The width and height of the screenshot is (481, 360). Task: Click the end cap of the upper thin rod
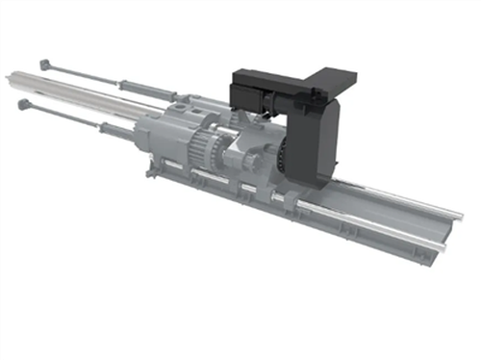44,64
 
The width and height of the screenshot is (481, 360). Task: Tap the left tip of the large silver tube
12,77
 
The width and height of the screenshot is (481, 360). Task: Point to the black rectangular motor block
253,95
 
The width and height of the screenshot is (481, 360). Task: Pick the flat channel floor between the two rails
385,217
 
